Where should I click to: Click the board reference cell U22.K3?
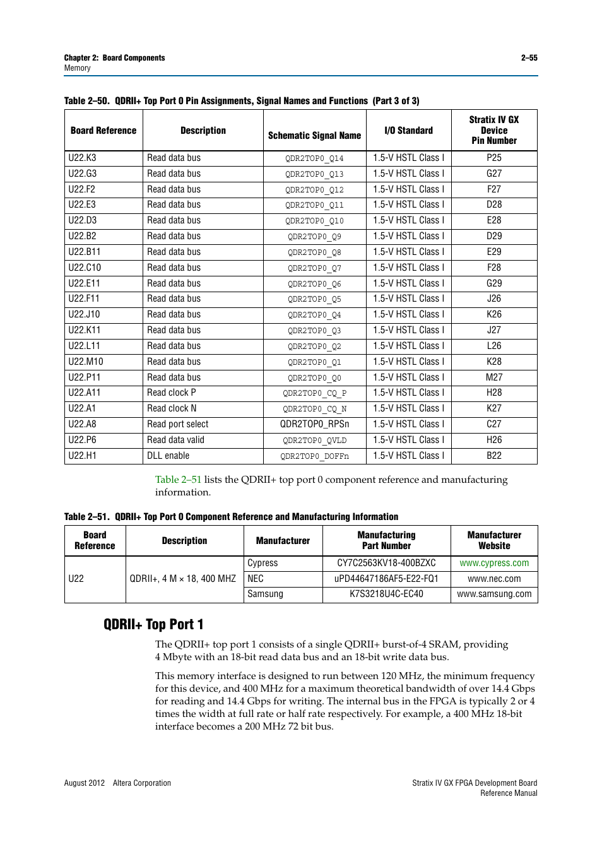point(83,158)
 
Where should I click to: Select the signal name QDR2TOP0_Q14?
point(314,158)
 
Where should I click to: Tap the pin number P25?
point(493,158)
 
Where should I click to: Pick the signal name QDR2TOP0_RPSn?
point(314,424)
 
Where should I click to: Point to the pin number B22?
point(493,456)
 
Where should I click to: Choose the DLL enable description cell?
point(168,456)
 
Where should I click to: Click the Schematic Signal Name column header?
point(314,135)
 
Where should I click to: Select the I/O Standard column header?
point(408,131)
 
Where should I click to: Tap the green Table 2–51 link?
point(178,480)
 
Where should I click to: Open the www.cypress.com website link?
point(494,563)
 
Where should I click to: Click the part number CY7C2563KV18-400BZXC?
point(386,563)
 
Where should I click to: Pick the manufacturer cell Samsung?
point(265,594)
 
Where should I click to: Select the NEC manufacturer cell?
point(256,579)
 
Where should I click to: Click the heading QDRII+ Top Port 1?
point(153,624)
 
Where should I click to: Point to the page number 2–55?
point(529,58)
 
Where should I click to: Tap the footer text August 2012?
point(85,783)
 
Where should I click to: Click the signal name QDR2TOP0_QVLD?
point(314,441)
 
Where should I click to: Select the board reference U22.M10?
point(86,362)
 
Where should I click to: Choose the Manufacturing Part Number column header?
point(386,540)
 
